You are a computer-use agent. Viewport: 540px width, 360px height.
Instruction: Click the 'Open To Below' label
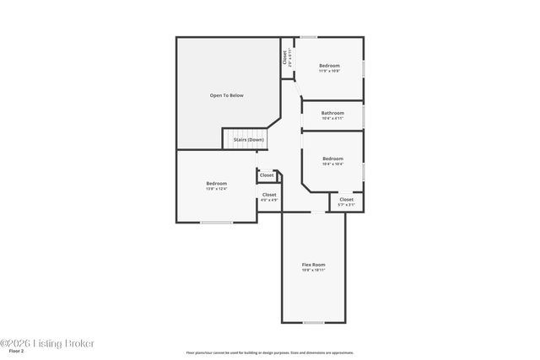coord(226,96)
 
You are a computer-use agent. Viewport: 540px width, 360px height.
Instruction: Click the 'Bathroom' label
coord(332,113)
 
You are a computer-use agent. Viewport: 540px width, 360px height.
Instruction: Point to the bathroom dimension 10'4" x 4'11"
coord(332,118)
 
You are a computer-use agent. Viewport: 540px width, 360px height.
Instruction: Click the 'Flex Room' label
coord(313,265)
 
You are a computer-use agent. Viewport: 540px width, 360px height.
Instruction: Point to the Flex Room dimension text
coord(313,270)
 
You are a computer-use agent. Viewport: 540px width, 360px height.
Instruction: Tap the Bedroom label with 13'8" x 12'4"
coord(217,184)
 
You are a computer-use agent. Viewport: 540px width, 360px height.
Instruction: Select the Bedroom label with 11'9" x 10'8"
coord(329,66)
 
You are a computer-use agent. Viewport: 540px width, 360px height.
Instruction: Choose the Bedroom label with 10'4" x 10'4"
coord(332,159)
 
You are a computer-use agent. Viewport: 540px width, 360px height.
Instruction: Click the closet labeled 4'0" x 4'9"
coord(268,196)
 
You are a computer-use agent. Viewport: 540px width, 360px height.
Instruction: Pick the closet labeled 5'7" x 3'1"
coord(346,201)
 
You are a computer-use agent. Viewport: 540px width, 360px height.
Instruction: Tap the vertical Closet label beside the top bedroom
coord(285,57)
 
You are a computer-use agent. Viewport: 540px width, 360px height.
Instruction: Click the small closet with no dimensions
coord(267,175)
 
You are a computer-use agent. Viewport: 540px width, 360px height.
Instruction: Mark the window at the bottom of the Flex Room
coord(313,323)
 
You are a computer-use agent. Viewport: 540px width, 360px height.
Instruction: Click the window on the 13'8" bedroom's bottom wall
coord(216,223)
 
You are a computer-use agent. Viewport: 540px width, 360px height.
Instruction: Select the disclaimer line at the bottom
coord(269,352)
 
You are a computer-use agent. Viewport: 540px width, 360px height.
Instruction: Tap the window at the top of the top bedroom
coord(309,37)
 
